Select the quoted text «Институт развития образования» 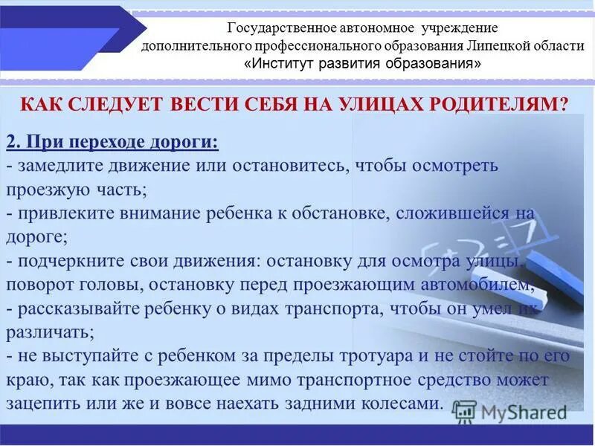click(x=362, y=63)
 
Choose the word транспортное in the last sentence click(x=349, y=381)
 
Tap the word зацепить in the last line click(x=42, y=404)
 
